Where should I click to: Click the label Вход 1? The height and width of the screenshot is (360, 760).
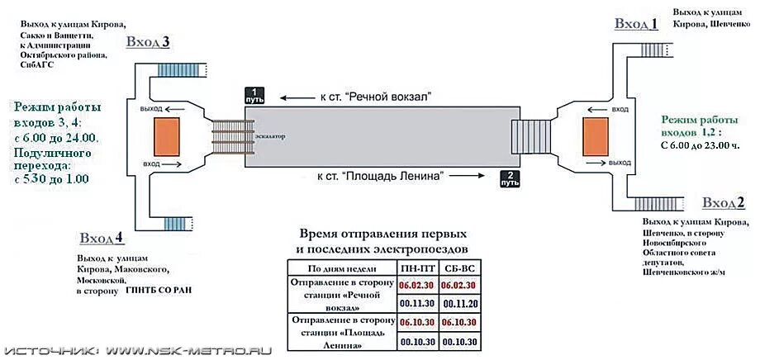pos(636,24)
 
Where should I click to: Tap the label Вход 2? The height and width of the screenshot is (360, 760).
pos(723,203)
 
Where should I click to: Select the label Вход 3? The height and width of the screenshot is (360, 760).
pos(148,43)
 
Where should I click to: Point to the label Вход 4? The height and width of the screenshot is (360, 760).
pos(102,239)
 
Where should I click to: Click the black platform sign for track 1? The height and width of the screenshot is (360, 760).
pos(255,95)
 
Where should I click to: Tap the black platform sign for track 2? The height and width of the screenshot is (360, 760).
pos(510,179)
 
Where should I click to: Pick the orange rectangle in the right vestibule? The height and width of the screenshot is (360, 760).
pos(596,136)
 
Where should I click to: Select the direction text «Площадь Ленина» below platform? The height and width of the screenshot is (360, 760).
pos(381,175)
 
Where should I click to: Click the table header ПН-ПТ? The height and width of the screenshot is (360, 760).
pos(417,268)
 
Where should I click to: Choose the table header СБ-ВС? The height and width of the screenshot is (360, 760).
pos(459,268)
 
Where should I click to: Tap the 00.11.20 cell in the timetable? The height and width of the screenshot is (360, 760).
pos(459,303)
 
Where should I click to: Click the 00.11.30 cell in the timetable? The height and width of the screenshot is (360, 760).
pos(417,303)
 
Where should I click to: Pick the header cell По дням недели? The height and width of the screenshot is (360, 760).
pos(341,268)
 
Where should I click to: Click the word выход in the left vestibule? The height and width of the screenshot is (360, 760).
pos(151,109)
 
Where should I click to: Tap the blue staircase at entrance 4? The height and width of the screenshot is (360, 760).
pos(175,224)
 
